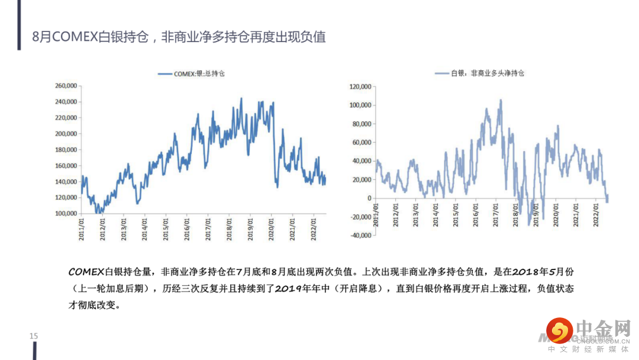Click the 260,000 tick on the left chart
(x=66, y=86)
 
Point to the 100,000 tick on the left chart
(x=66, y=213)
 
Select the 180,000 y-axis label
(x=66, y=150)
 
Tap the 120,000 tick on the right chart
(x=360, y=87)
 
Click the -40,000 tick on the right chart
(x=361, y=235)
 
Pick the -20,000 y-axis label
(x=361, y=217)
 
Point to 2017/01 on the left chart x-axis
(x=208, y=227)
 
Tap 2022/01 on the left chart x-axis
(x=314, y=227)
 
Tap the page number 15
(x=34, y=336)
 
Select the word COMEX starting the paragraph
(x=86, y=272)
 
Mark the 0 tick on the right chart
(x=369, y=198)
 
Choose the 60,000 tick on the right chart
(x=361, y=143)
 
